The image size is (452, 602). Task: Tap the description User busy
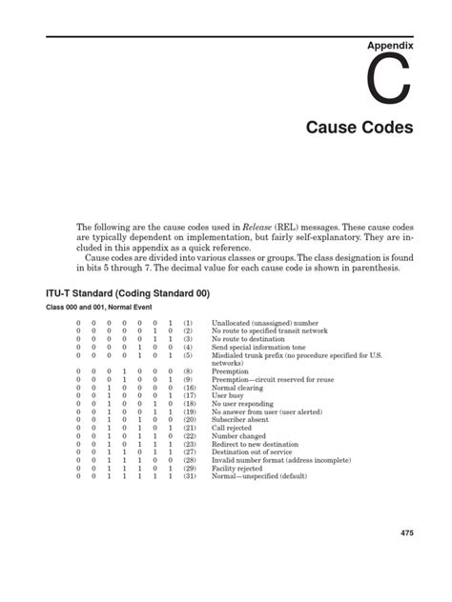(x=230, y=396)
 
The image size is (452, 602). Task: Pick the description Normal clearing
(x=238, y=389)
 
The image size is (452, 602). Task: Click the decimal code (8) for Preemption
(x=190, y=372)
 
